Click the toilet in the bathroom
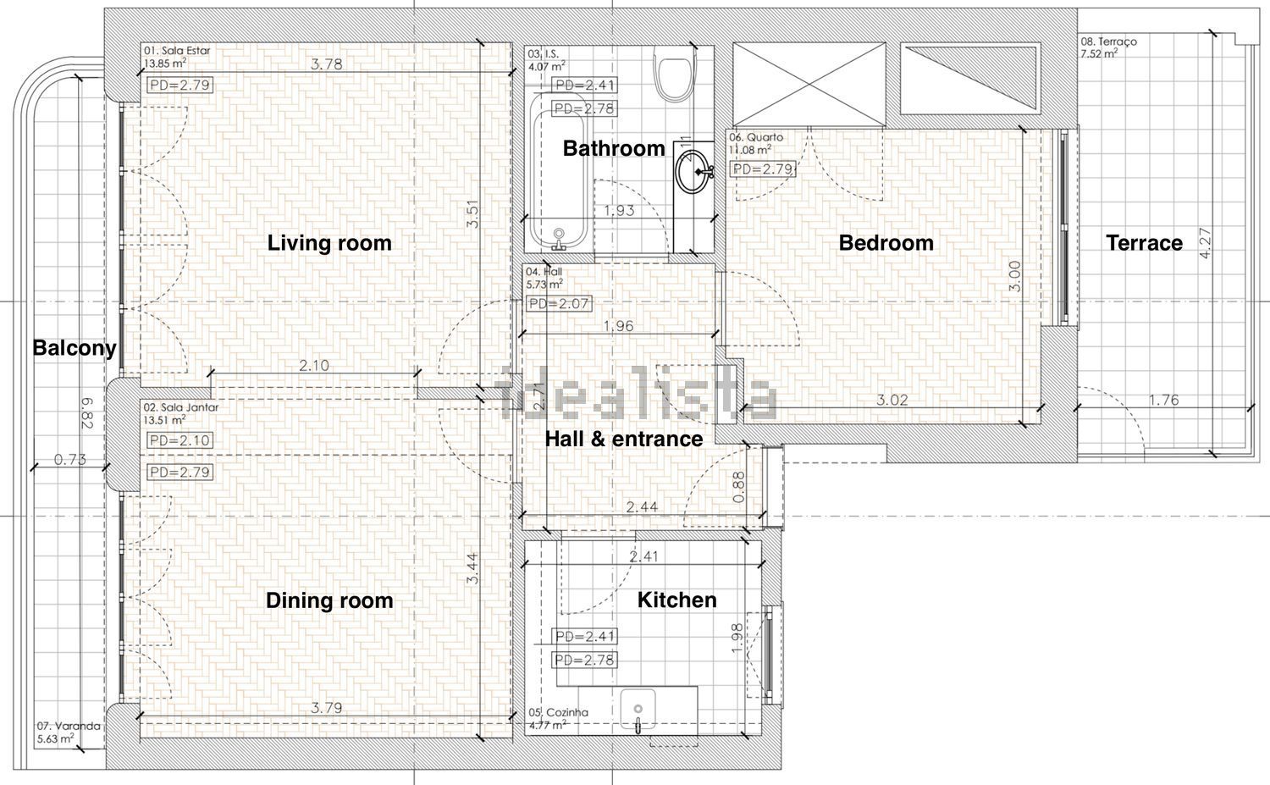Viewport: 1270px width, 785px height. (x=675, y=72)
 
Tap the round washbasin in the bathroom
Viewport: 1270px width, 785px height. (x=693, y=171)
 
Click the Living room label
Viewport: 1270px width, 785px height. (x=329, y=243)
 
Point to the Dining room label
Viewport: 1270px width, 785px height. (x=329, y=600)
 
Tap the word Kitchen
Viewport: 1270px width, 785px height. (x=677, y=600)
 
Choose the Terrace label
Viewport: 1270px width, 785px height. (x=1144, y=243)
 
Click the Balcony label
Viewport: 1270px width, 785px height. (x=75, y=348)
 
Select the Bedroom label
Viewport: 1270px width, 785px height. (x=886, y=243)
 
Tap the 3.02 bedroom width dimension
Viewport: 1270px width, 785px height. (x=892, y=400)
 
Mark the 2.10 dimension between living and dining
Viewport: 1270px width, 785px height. (x=314, y=365)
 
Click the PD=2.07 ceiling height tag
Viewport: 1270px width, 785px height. (x=559, y=304)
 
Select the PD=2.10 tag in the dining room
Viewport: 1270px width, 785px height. (x=179, y=440)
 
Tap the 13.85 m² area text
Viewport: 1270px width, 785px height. (x=165, y=64)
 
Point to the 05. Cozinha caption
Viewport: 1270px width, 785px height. (x=559, y=712)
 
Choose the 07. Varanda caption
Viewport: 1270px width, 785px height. (x=69, y=726)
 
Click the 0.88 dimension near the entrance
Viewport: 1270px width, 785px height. (x=739, y=488)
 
